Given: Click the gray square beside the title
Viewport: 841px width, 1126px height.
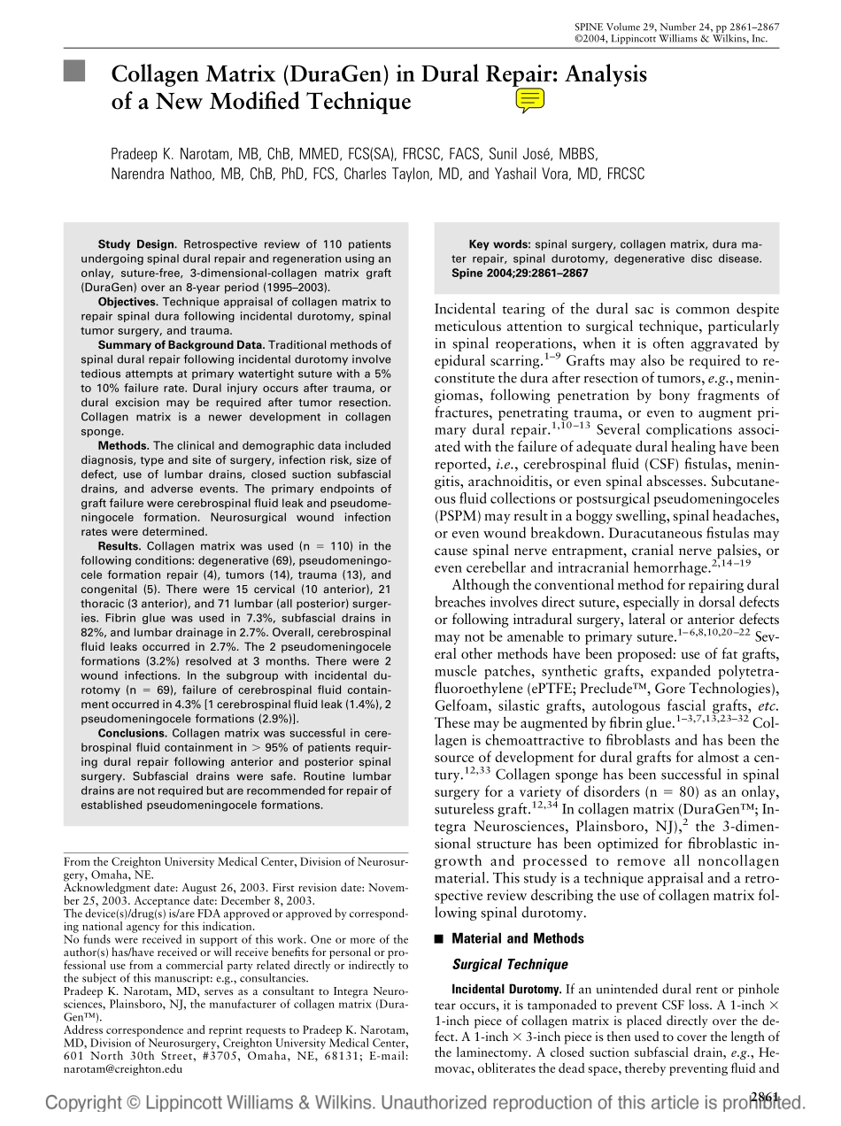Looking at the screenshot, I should tap(74, 72).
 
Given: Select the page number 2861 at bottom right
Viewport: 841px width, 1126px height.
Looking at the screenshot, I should tap(764, 1097).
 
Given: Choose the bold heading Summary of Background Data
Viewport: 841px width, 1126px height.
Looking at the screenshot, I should tap(181, 344).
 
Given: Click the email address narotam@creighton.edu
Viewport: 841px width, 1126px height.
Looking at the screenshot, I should tap(123, 1068).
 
